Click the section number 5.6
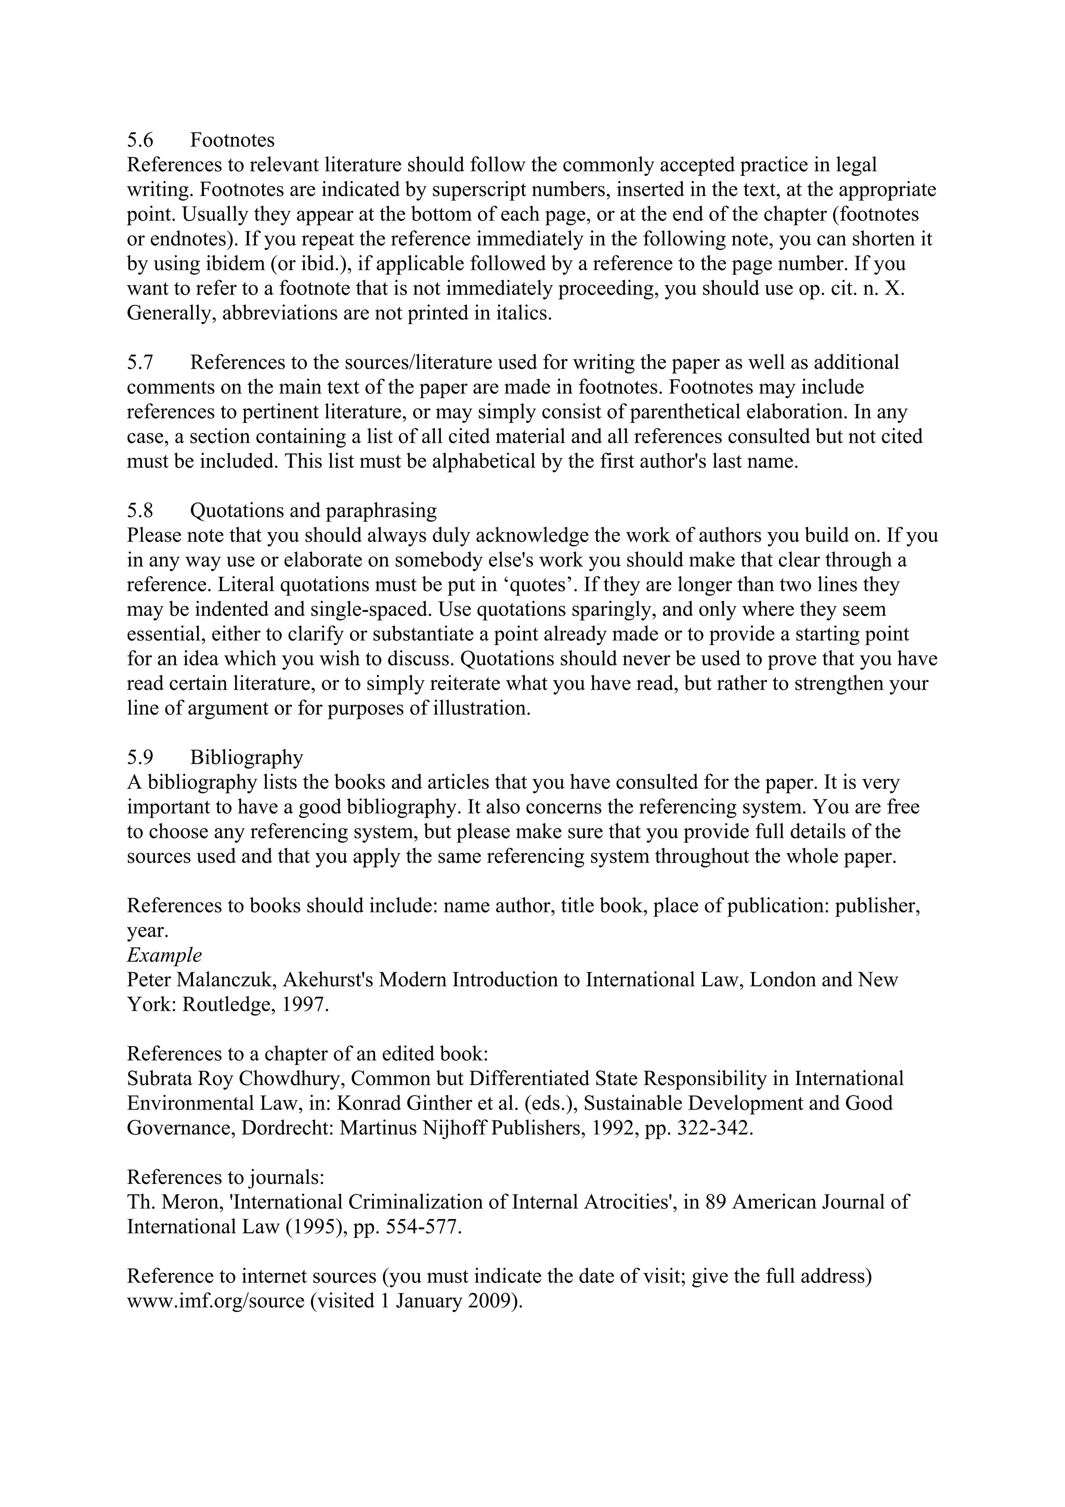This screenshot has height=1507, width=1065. click(x=140, y=140)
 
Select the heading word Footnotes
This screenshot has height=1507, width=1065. click(x=232, y=140)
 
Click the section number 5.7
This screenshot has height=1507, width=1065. click(x=140, y=362)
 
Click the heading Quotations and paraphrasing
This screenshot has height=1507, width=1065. click(x=313, y=511)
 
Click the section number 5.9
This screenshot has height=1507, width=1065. click(x=140, y=757)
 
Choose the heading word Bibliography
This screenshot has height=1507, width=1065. click(x=246, y=757)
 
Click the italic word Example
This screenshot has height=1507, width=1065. click(x=164, y=955)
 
